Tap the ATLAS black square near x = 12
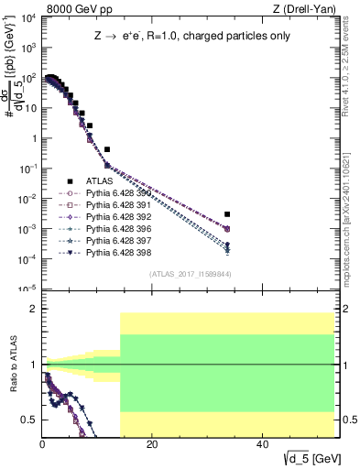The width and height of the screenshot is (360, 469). (x=107, y=149)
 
